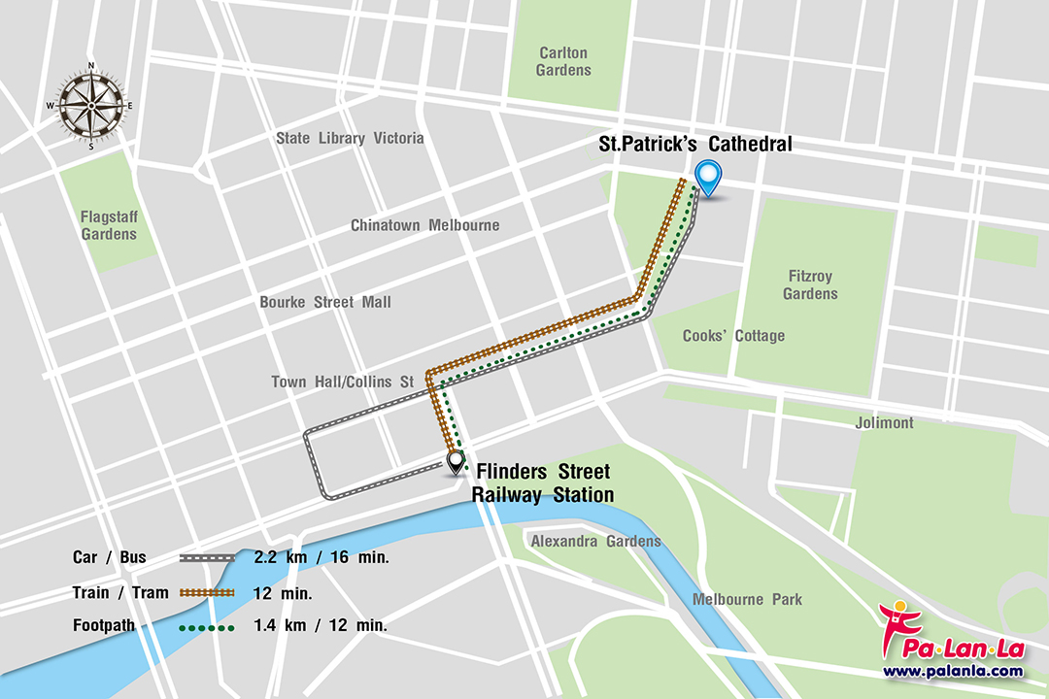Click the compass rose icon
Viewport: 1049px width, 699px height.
click(91, 106)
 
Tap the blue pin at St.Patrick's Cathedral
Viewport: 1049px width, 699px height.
click(709, 179)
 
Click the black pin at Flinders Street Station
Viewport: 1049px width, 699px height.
click(456, 463)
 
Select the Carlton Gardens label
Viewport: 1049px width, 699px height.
click(562, 61)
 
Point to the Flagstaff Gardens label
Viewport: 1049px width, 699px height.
click(109, 225)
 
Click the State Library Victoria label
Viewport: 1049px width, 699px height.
click(350, 138)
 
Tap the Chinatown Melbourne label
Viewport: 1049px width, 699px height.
click(424, 225)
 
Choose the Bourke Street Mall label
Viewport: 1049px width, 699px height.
click(325, 302)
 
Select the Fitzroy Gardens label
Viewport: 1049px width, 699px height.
click(809, 285)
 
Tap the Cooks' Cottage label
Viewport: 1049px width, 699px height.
click(733, 336)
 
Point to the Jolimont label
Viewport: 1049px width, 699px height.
click(884, 423)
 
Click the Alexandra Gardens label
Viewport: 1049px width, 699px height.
click(594, 541)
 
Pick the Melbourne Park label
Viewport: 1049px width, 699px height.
click(747, 599)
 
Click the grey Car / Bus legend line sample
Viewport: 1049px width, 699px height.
click(207, 558)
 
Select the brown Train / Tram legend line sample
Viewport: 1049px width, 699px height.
click(207, 592)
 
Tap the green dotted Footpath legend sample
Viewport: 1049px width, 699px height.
click(207, 628)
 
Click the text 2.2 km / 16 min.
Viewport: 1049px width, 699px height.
click(321, 557)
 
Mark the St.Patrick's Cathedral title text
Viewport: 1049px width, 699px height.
click(694, 145)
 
